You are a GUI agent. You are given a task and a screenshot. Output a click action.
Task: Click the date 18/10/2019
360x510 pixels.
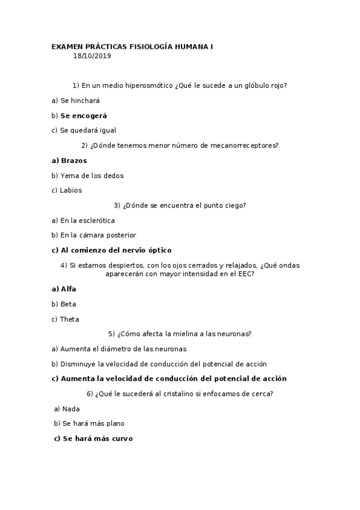92,56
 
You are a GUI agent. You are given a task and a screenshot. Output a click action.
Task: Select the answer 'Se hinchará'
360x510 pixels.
80,100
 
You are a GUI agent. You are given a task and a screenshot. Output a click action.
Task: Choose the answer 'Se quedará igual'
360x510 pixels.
88,130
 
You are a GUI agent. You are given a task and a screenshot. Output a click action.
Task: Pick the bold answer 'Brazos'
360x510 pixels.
74,161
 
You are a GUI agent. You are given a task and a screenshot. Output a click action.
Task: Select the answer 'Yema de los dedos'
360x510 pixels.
92,176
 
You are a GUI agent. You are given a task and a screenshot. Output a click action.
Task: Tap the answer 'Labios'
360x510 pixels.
71,190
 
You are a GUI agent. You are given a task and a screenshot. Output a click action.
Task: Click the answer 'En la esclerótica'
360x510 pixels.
88,221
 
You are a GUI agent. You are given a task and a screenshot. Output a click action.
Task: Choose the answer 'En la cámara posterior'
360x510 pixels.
98,235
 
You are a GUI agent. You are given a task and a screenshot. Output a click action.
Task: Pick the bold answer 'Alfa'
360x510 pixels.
69,289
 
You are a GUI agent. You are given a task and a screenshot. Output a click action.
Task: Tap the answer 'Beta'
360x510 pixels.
68,304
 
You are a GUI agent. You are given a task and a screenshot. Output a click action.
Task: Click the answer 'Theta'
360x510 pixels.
69,319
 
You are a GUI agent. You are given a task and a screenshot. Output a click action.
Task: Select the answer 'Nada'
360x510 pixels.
71,408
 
